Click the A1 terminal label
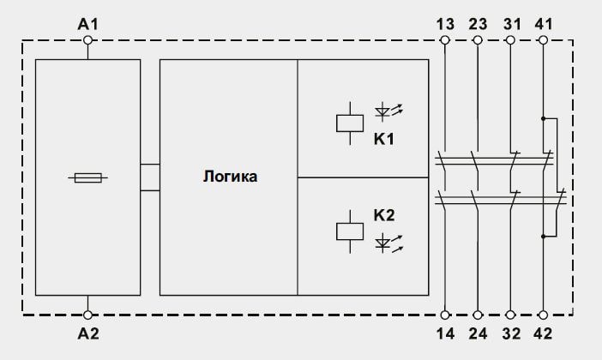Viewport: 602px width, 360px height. tap(88, 24)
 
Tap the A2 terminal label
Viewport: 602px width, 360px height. tap(88, 333)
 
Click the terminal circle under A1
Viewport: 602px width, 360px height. tap(88, 40)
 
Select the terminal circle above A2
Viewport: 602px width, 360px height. tap(88, 315)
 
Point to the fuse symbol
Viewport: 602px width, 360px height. tap(88, 177)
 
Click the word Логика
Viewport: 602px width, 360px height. tap(231, 177)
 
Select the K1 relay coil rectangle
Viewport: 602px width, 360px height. tap(350, 123)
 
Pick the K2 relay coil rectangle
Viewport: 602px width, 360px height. tap(350, 231)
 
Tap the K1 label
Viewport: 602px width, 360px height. tap(384, 139)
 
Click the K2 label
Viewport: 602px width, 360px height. tap(384, 215)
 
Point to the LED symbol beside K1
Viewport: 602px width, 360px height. tap(388, 111)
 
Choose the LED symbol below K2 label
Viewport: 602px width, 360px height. tap(388, 243)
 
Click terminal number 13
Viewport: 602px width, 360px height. tap(445, 25)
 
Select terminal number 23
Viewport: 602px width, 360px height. tap(478, 25)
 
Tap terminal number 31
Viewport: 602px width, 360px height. tap(512, 25)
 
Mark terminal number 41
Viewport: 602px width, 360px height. tap(544, 25)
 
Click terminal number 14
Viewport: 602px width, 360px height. tap(445, 333)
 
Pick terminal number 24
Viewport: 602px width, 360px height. tap(478, 333)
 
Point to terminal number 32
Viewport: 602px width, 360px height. tap(511, 333)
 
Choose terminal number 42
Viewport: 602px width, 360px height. tap(544, 333)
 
